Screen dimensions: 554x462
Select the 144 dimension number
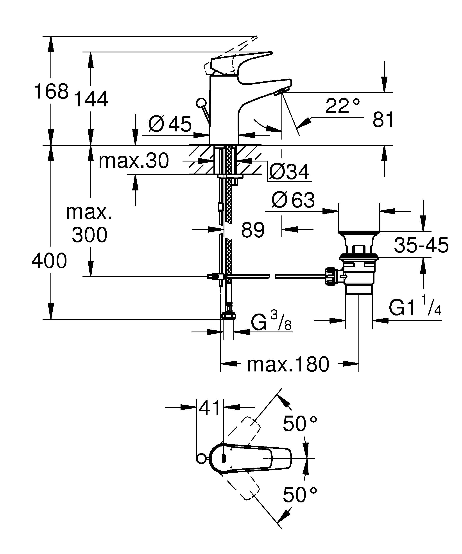click(x=91, y=99)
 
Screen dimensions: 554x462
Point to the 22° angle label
click(x=342, y=106)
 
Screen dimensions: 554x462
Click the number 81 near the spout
click(x=383, y=120)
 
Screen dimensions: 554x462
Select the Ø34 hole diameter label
click(x=289, y=172)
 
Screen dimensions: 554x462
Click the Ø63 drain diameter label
click(x=293, y=200)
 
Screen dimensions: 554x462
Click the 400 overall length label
click(x=49, y=261)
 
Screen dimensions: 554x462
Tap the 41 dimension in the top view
click(x=210, y=408)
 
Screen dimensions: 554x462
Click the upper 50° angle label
click(x=300, y=424)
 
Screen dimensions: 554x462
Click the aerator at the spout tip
click(x=281, y=92)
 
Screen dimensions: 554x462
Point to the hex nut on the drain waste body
click(x=331, y=276)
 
